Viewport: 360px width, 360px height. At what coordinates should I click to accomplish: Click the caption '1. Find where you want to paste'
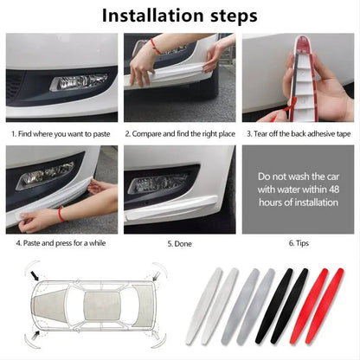(61, 134)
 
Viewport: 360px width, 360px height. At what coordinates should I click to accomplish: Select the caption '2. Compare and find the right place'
(178, 134)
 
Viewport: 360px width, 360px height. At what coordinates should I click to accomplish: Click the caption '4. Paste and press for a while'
(61, 244)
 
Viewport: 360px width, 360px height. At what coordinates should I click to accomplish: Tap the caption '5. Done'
(178, 244)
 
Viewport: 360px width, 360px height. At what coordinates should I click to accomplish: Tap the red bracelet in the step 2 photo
(154, 44)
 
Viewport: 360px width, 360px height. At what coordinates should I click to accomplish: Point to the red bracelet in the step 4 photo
(61, 214)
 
